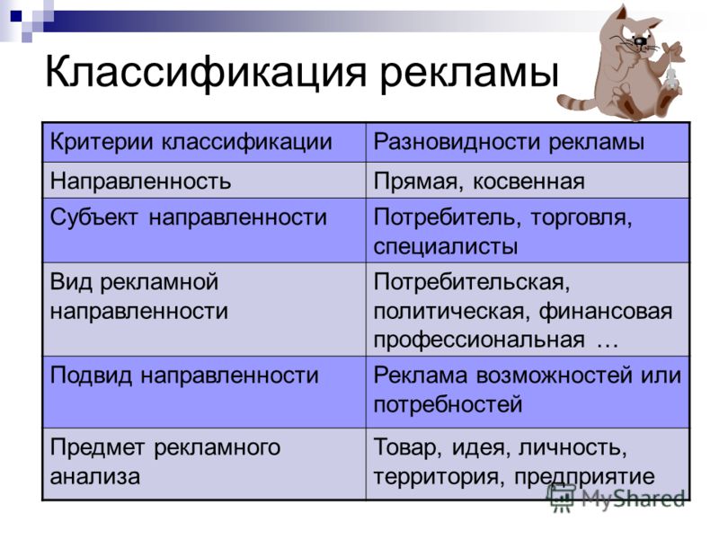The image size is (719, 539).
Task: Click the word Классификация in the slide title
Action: tap(206, 73)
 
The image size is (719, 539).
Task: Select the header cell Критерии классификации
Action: tap(204, 142)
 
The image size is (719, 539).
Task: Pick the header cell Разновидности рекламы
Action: tap(528, 142)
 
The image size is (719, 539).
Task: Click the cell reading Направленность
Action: tap(204, 181)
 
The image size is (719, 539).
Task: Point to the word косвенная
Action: tap(528, 181)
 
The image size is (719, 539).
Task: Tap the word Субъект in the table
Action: tap(93, 217)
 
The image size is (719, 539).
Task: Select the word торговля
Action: tap(581, 218)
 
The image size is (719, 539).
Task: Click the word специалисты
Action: tap(446, 246)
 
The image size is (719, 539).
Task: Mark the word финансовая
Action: tap(605, 312)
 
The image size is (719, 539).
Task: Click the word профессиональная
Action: tap(479, 340)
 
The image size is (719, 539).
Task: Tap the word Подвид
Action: tap(92, 376)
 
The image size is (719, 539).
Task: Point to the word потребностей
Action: tap(448, 405)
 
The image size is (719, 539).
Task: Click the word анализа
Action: tap(95, 477)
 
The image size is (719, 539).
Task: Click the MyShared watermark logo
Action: tap(616, 498)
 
